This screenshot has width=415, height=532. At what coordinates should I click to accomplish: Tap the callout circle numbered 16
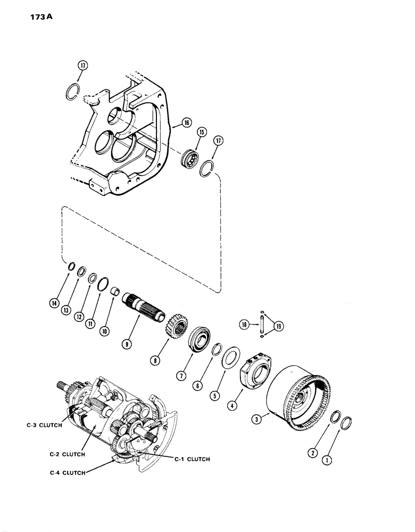click(186, 123)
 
